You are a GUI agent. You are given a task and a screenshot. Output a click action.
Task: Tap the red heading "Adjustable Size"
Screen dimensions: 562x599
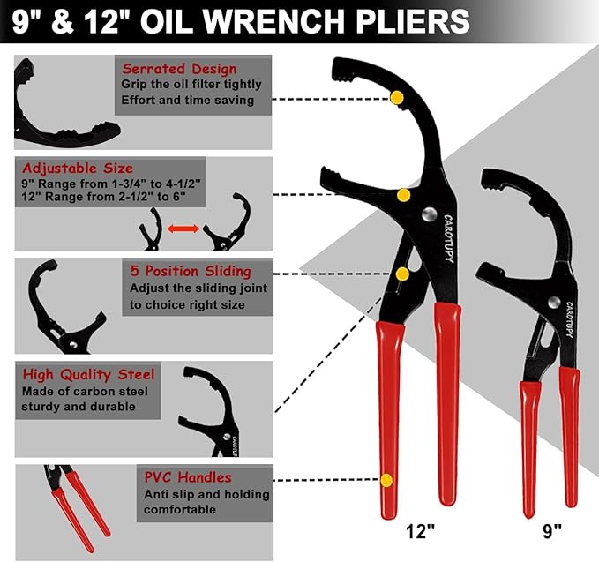tap(78, 168)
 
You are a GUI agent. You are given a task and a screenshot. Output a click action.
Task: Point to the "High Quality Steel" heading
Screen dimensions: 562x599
tap(88, 375)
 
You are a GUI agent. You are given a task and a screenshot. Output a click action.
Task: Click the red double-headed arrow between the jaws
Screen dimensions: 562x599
tap(182, 229)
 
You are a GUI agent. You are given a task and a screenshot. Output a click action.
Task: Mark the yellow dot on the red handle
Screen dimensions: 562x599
tap(386, 480)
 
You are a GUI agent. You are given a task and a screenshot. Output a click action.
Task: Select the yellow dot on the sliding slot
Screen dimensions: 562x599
tap(410, 274)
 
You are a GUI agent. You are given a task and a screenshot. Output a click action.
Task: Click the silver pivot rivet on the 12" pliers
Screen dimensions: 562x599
tap(429, 214)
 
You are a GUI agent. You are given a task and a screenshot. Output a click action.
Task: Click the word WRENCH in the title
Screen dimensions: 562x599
tap(290, 19)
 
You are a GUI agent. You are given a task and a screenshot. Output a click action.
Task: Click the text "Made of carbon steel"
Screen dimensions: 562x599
tap(86, 392)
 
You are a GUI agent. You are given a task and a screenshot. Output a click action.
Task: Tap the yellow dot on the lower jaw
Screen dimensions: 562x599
tap(403, 194)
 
